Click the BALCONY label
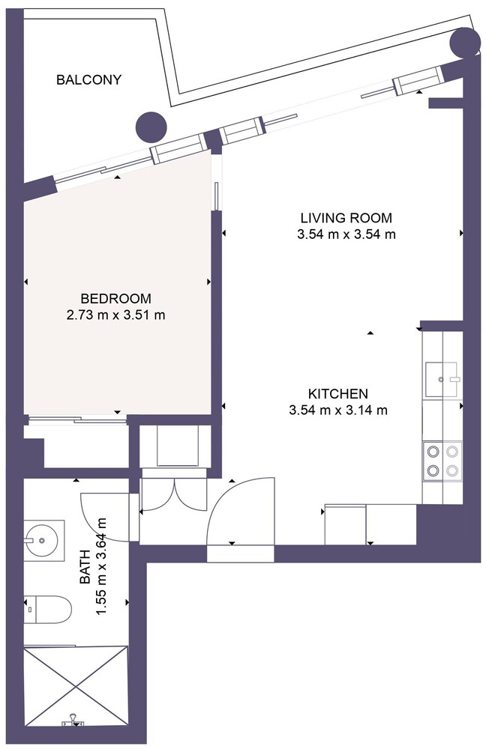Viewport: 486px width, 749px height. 88,80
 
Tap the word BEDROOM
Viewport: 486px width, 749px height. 116,299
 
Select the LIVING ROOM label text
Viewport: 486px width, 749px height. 346,218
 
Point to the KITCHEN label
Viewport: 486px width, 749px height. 338,394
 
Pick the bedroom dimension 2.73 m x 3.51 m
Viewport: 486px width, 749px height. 116,315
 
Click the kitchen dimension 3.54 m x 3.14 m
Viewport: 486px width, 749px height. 338,410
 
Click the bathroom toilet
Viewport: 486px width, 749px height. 48,609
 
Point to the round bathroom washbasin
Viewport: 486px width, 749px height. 41,540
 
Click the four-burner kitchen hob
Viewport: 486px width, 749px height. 442,461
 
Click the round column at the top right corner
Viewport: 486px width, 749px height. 464,43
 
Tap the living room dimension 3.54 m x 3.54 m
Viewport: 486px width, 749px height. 346,234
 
